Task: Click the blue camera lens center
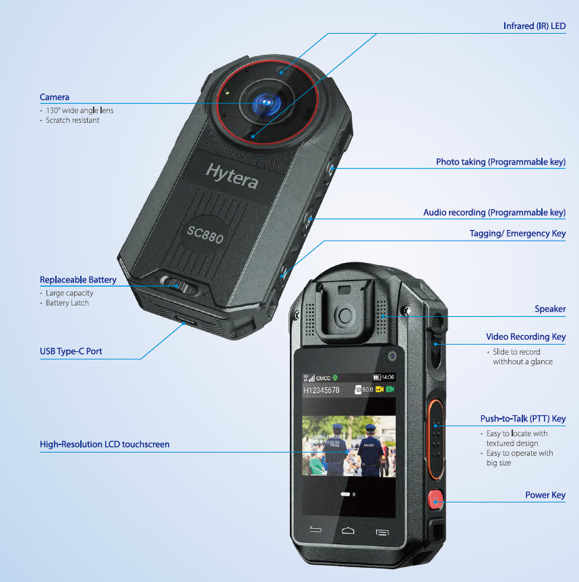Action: (267, 103)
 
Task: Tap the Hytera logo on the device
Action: (231, 175)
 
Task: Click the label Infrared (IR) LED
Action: (534, 26)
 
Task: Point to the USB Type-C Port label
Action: (71, 351)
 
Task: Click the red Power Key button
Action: (436, 500)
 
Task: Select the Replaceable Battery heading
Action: (78, 280)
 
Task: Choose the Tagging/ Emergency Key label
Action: (517, 234)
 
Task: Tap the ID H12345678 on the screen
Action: (322, 390)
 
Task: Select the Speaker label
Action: (550, 309)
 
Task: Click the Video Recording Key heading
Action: (526, 337)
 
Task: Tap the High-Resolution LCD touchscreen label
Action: (104, 444)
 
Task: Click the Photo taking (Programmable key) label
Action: (500, 163)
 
